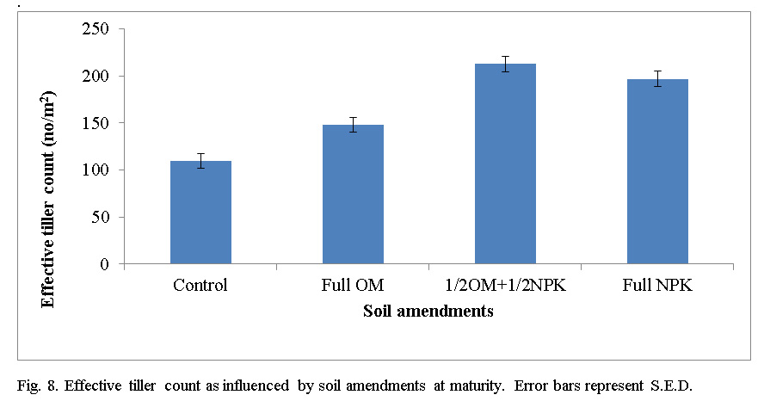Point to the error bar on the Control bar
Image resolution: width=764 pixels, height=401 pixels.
[200, 161]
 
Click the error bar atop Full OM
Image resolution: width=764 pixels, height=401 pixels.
[353, 125]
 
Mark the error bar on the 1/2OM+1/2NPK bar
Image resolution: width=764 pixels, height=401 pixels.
[505, 64]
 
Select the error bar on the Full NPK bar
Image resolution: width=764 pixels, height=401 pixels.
[657, 79]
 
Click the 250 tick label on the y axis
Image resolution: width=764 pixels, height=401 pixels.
[101, 29]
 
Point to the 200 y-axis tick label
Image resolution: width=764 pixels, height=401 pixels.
[101, 77]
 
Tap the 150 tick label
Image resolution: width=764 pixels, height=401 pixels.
[101, 123]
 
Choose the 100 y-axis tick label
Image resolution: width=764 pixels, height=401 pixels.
[101, 170]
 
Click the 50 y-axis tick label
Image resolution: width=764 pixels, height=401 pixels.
[105, 217]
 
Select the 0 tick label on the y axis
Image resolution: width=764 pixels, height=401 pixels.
[109, 264]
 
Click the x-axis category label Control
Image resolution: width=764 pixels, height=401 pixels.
[200, 285]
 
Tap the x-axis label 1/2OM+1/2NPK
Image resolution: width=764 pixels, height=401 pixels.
[505, 285]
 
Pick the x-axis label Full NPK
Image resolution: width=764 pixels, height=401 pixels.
[657, 285]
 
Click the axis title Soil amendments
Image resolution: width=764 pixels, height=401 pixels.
[428, 312]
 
